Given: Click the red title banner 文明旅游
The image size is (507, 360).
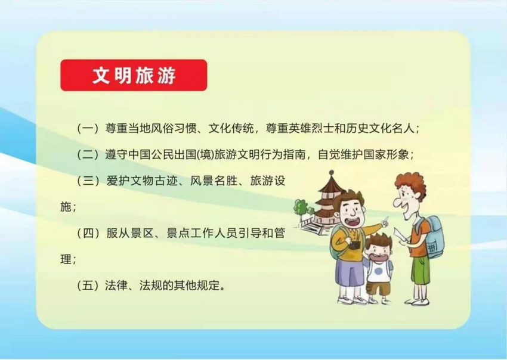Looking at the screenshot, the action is pos(134,75).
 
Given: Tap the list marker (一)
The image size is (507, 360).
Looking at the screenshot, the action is pos(88,129).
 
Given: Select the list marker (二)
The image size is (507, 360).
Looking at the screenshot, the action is pos(88,155).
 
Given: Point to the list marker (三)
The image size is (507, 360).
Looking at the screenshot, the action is pos(88,181).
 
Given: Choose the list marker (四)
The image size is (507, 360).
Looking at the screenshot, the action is pos(88,233).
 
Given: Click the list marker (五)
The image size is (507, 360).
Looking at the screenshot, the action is pos(88,285).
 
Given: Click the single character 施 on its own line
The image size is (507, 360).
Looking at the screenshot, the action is pos(66,207).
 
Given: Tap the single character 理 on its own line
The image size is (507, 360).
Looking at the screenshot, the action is pos(66,259).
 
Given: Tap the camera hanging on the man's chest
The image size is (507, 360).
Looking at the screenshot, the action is pos(354,244).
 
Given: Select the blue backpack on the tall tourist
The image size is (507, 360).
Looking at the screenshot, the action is pos(432,238).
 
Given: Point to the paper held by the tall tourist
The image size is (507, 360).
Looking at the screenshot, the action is pos(400,235).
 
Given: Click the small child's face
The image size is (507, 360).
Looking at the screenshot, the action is pos(378,251).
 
